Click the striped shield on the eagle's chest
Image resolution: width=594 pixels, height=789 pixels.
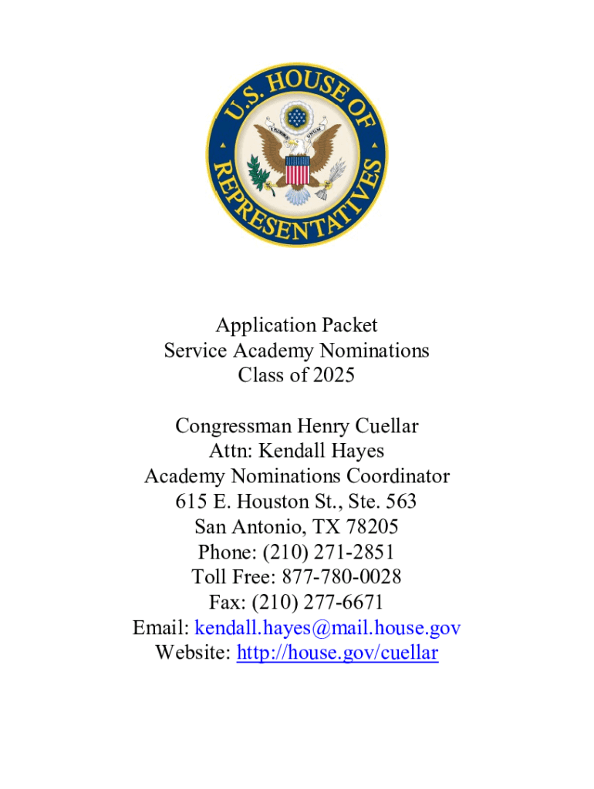pos(297,170)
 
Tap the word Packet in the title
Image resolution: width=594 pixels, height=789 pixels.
pos(348,326)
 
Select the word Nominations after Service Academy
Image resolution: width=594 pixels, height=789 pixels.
pos(375,351)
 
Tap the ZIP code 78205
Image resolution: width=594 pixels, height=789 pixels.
pos(371,527)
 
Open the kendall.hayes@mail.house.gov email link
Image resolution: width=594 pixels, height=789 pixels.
pos(328,628)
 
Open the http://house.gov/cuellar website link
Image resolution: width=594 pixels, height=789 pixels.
pos(337,653)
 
